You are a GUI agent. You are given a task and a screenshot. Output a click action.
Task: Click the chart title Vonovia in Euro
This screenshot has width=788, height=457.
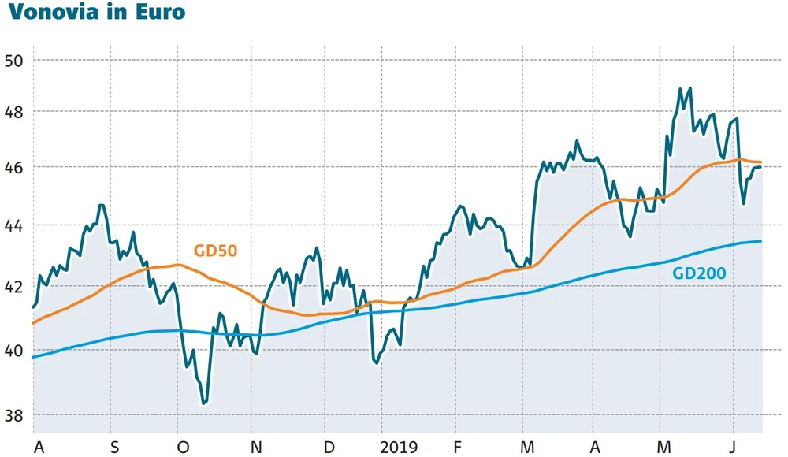click(95, 13)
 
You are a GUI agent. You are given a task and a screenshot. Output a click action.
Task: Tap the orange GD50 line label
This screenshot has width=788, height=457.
click(215, 251)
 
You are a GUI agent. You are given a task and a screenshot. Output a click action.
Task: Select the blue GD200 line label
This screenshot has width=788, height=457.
click(699, 273)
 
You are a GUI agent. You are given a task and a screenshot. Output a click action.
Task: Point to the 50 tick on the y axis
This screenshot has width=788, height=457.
click(16, 61)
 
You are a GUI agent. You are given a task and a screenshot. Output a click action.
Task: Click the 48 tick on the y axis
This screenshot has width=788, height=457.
click(16, 113)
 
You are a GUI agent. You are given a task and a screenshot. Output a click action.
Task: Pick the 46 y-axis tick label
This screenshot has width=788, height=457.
click(16, 169)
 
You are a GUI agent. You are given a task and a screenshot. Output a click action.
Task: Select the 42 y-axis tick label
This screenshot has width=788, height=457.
click(16, 287)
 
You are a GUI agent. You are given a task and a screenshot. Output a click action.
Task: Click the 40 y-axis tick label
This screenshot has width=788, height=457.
click(16, 350)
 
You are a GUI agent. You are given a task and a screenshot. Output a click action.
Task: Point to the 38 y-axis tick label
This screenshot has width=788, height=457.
click(16, 415)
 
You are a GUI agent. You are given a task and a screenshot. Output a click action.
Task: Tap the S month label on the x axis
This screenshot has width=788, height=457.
click(114, 447)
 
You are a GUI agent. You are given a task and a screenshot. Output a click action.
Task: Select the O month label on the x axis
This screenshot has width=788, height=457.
click(184, 447)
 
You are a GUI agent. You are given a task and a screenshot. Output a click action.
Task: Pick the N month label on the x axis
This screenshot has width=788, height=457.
click(256, 447)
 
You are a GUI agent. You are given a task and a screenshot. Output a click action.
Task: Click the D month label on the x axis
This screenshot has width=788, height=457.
click(328, 447)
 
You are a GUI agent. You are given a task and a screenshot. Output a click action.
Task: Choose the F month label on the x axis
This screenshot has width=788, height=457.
click(459, 447)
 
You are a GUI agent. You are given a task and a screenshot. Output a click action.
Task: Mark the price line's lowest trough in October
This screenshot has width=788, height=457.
click(204, 403)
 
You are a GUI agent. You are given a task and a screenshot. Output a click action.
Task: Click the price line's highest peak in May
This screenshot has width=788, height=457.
click(680, 89)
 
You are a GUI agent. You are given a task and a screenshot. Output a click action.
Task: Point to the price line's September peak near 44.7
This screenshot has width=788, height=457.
click(101, 205)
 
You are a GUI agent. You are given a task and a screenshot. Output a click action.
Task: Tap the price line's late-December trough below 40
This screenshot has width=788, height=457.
click(376, 363)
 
